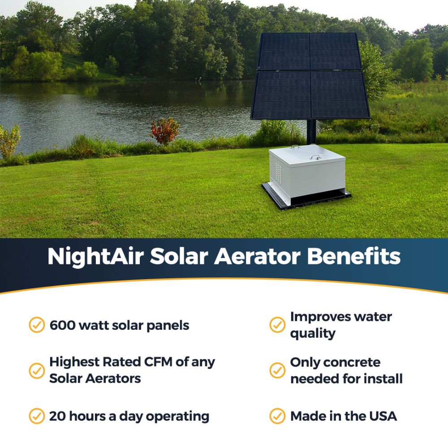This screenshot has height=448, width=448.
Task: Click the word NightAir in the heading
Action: [96, 257]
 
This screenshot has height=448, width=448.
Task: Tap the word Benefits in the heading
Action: [354, 256]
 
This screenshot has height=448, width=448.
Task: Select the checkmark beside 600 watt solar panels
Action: [37, 325]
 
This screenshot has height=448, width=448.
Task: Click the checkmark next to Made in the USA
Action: [277, 416]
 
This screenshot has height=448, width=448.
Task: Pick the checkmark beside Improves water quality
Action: [277, 325]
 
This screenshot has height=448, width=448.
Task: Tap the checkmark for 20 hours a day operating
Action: [37, 416]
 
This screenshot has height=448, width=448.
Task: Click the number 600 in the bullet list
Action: [62, 325]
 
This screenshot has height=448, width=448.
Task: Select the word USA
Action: [383, 416]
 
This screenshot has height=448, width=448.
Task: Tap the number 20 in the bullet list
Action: [58, 416]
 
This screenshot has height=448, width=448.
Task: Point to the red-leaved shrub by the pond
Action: [165, 131]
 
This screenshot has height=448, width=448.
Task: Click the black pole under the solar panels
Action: [311, 132]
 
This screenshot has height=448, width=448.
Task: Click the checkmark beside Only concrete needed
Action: [277, 370]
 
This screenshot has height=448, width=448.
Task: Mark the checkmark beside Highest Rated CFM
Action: [37, 370]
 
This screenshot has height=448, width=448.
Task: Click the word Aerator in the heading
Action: [257, 256]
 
